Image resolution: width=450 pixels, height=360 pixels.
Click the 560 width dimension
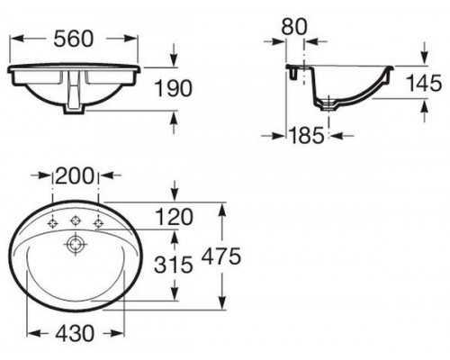tap(74, 39)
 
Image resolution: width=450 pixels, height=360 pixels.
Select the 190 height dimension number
tap(173, 88)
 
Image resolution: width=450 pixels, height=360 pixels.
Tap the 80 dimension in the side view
tap(294, 26)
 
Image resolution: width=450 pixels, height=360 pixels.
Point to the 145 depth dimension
tap(424, 83)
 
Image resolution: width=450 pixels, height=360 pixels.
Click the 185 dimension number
tap(307, 135)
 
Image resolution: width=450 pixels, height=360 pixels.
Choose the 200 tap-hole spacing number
tap(75, 175)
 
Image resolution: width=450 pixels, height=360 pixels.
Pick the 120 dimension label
tap(174, 217)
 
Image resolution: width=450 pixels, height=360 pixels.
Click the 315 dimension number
tap(174, 265)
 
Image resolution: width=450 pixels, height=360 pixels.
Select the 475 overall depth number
tap(221, 256)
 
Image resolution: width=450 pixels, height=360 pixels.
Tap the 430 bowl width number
tap(75, 333)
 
